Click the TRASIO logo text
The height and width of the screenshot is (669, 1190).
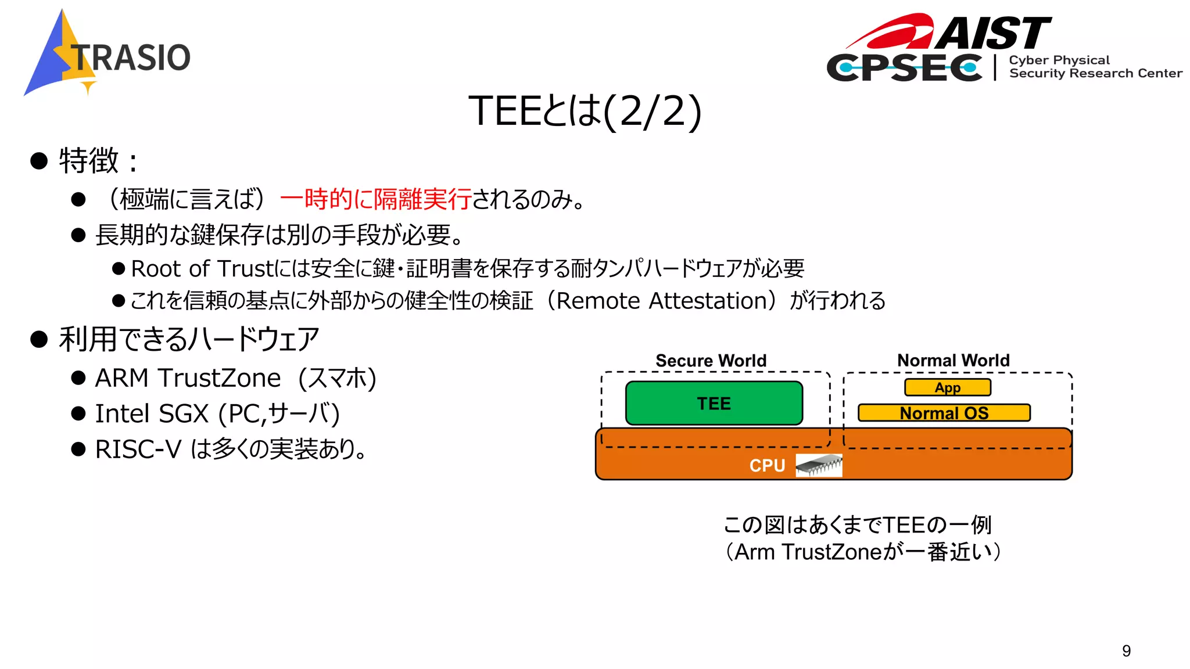[131, 57]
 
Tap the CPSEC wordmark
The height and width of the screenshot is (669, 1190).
[904, 68]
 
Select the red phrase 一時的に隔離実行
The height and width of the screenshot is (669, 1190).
[375, 199]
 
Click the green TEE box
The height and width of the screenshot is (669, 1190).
[714, 403]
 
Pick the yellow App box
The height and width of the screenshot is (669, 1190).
[947, 387]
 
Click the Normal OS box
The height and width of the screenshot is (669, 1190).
[944, 413]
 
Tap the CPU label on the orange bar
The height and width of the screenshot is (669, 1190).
[767, 465]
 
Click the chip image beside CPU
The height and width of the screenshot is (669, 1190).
[819, 465]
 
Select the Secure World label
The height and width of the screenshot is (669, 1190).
[711, 360]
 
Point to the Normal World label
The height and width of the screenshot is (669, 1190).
[953, 360]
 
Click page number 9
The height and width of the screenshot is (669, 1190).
[1126, 650]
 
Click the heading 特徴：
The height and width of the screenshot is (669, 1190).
[99, 160]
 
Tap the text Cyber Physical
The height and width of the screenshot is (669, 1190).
[1059, 60]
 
